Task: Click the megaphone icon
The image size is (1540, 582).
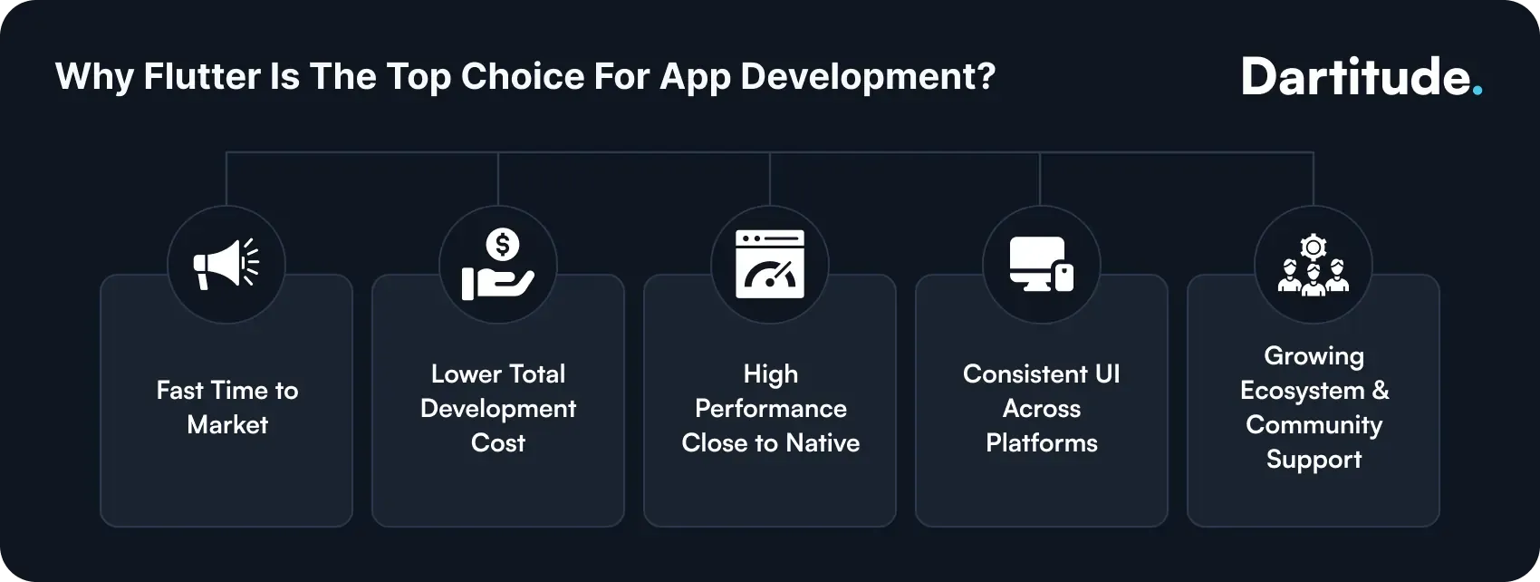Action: click(x=226, y=264)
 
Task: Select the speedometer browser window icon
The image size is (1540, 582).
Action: click(x=770, y=264)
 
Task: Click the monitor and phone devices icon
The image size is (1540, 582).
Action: click(x=1042, y=264)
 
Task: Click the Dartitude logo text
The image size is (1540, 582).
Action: click(x=1355, y=77)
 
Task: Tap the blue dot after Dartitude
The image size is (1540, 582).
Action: click(x=1477, y=91)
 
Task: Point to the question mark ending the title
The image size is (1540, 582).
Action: click(x=986, y=76)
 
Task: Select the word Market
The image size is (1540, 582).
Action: click(x=227, y=424)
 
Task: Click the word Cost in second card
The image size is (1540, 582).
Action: click(x=497, y=442)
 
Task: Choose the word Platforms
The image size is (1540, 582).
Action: click(x=1041, y=442)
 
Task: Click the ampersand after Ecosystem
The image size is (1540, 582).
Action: click(x=1380, y=390)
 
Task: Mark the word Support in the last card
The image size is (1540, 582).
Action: click(x=1314, y=460)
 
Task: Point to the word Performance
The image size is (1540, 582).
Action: click(x=770, y=408)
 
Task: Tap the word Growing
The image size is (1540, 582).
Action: click(x=1314, y=356)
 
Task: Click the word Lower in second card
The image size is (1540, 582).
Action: click(x=466, y=373)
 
